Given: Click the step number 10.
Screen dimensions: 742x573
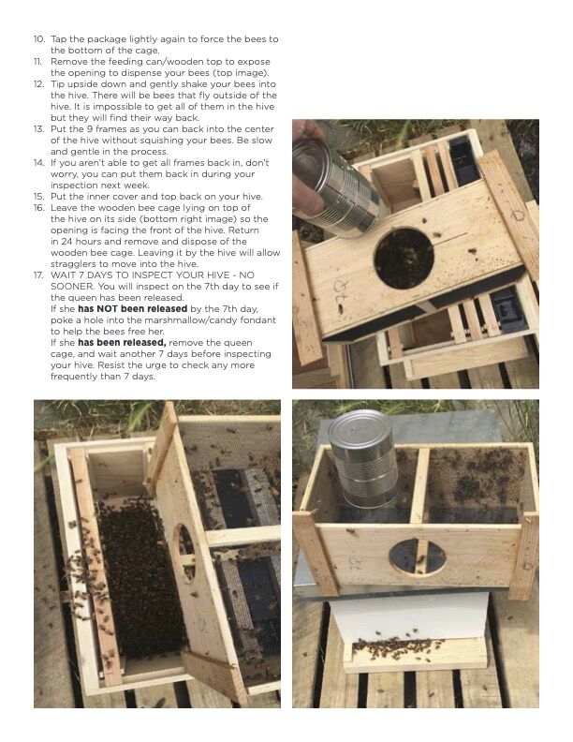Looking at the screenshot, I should click(38, 38).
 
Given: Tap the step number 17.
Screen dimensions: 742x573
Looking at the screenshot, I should click(38, 275).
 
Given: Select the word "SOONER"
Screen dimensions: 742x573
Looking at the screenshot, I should click(73, 287).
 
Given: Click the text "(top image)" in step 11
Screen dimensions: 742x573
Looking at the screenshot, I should click(242, 72).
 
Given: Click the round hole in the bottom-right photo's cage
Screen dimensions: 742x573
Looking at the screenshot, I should click(417, 557).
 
